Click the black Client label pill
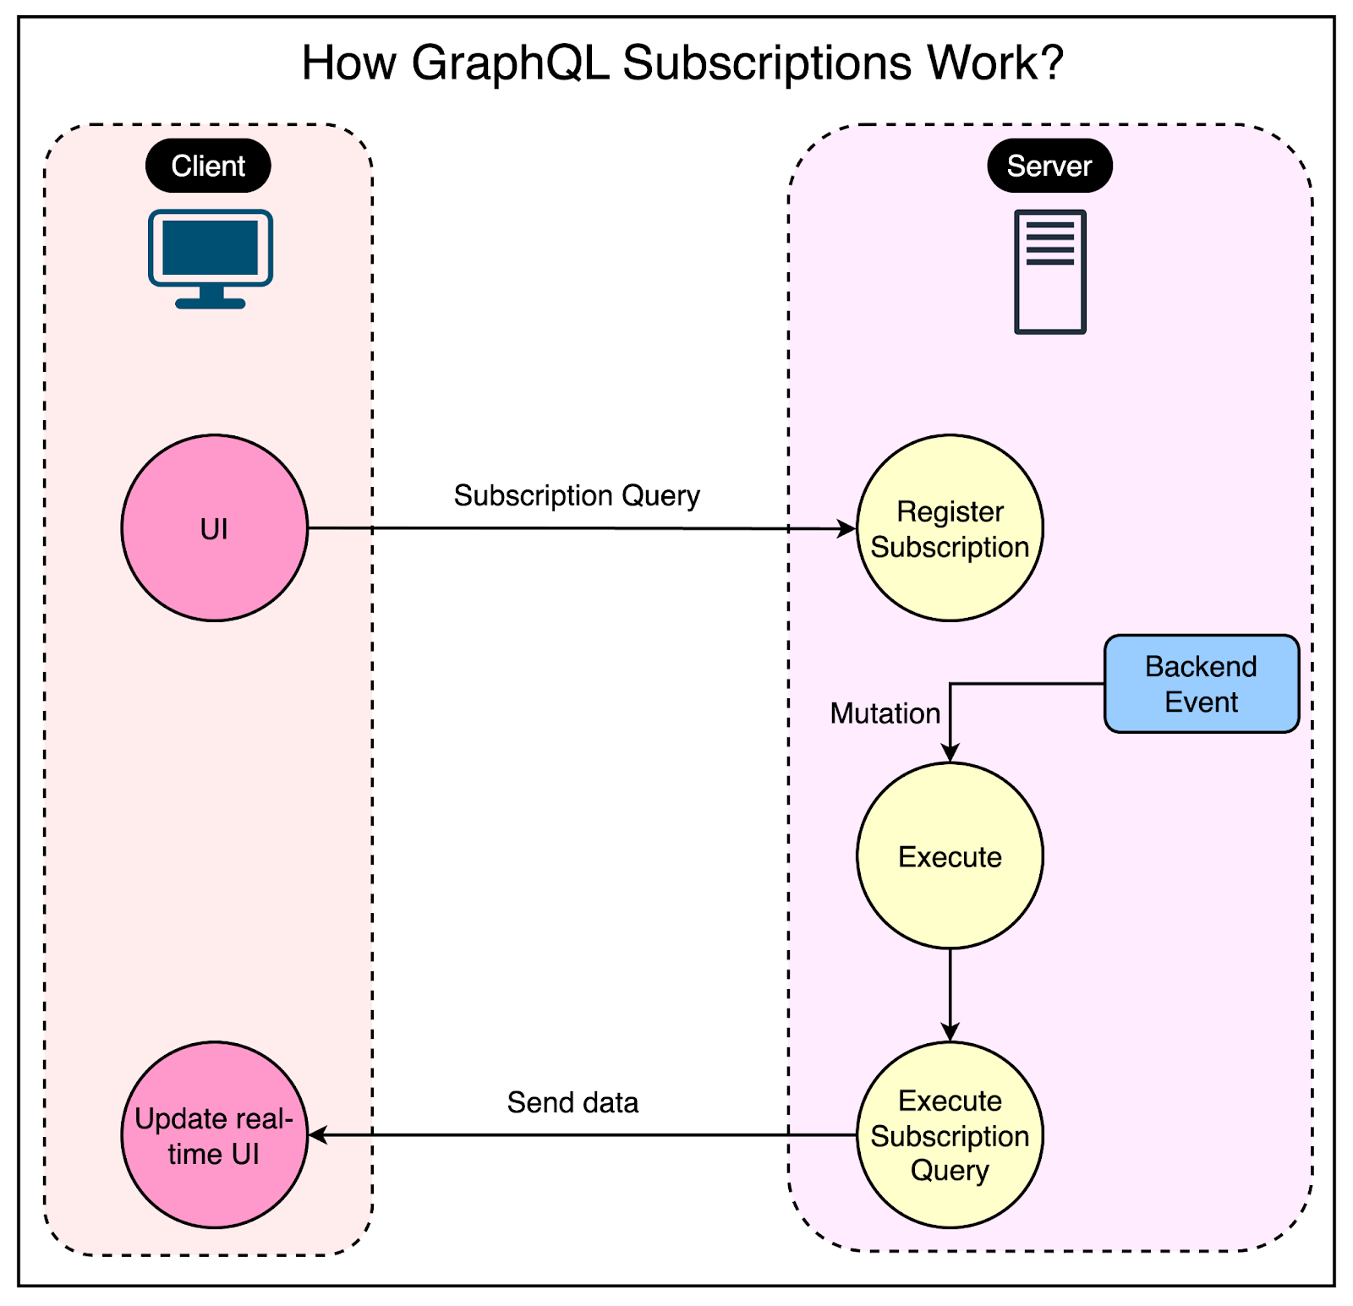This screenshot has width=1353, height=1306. pyautogui.click(x=208, y=166)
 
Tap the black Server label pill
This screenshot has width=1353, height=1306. pyautogui.click(x=1049, y=166)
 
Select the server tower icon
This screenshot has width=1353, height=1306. pyautogui.click(x=1049, y=271)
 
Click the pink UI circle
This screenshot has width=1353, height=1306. pyautogui.click(x=215, y=528)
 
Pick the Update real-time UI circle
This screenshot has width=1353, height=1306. pyautogui.click(x=215, y=1134)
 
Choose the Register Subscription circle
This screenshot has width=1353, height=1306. pyautogui.click(x=950, y=528)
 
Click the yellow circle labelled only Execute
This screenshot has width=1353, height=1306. pyautogui.click(x=950, y=856)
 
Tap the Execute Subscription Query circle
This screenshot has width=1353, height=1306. pyautogui.click(x=950, y=1134)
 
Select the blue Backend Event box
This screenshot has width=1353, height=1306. pyautogui.click(x=1201, y=684)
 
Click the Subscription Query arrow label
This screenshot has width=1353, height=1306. pyautogui.click(x=577, y=495)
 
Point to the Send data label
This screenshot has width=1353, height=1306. pyautogui.click(x=572, y=1102)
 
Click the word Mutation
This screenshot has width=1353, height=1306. pyautogui.click(x=885, y=713)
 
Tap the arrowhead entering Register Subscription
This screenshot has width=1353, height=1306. pyautogui.click(x=847, y=529)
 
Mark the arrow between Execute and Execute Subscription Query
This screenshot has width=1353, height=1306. pyautogui.click(x=950, y=993)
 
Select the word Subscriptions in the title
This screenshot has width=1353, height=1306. pyautogui.click(x=767, y=63)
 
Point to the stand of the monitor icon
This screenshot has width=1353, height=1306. pyautogui.click(x=211, y=298)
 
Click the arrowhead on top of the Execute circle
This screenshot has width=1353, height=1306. pyautogui.click(x=950, y=753)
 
